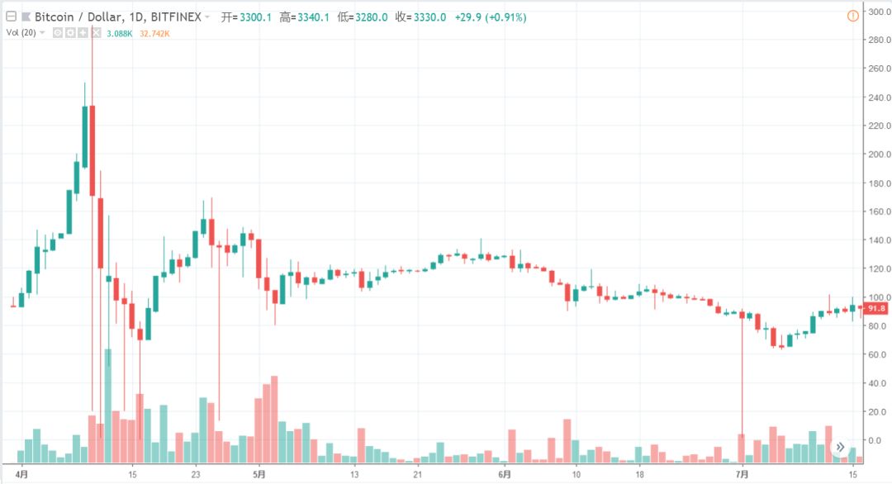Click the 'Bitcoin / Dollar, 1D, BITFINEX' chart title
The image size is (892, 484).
tap(118, 17)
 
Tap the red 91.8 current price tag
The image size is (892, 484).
tap(875, 308)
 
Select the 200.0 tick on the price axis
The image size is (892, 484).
tap(879, 154)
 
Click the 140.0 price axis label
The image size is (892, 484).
tap(879, 240)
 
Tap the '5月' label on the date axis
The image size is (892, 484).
tap(259, 474)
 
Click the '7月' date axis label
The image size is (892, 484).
tap(742, 474)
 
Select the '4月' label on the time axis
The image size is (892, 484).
tap(21, 474)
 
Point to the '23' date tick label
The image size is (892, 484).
tap(196, 474)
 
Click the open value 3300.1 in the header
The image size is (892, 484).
tap(255, 17)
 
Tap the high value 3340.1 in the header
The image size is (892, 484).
tap(313, 17)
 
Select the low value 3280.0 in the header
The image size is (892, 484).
tap(372, 17)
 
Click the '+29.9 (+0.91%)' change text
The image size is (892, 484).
tap(491, 17)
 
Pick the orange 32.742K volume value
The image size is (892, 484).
tap(154, 34)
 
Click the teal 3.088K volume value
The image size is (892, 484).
tap(120, 34)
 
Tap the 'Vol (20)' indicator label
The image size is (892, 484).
tap(21, 33)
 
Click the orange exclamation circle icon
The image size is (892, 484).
tap(852, 16)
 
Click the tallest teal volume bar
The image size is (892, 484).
tap(108, 406)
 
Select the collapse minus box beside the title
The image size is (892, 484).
tap(12, 17)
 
